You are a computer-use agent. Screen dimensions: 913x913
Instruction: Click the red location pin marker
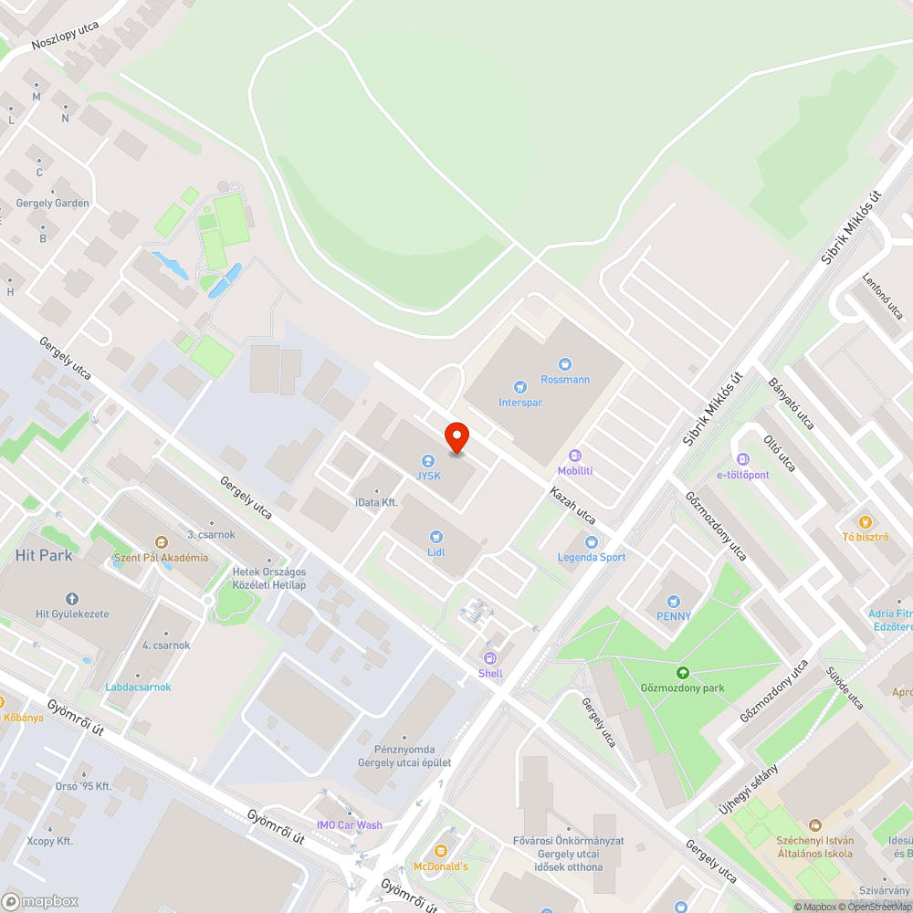(456, 438)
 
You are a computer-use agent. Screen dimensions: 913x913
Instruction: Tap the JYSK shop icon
(426, 461)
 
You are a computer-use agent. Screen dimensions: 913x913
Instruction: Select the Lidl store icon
(436, 536)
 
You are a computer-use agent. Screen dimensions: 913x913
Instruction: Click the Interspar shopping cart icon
(520, 387)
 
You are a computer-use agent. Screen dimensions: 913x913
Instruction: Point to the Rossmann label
(565, 380)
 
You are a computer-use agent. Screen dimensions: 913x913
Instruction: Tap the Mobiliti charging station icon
(575, 456)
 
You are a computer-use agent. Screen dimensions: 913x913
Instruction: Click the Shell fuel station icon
(490, 657)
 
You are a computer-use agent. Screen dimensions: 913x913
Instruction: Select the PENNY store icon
(674, 601)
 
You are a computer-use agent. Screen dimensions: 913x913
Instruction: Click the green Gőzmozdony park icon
(681, 673)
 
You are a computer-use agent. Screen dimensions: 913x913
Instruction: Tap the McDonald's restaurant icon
(441, 850)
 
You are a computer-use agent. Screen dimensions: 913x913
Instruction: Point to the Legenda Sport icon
(592, 542)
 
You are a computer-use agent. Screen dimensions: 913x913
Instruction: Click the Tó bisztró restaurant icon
(866, 522)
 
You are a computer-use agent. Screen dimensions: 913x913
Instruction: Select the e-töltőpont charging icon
(742, 459)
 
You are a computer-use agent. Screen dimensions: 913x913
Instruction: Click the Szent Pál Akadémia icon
(161, 542)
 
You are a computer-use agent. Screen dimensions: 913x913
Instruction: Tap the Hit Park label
(44, 554)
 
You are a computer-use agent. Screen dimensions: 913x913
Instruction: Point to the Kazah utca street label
(572, 505)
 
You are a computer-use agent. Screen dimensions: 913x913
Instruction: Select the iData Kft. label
(376, 502)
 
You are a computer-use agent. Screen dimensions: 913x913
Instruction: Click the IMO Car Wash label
(349, 825)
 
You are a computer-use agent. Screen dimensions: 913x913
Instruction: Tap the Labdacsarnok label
(138, 687)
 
